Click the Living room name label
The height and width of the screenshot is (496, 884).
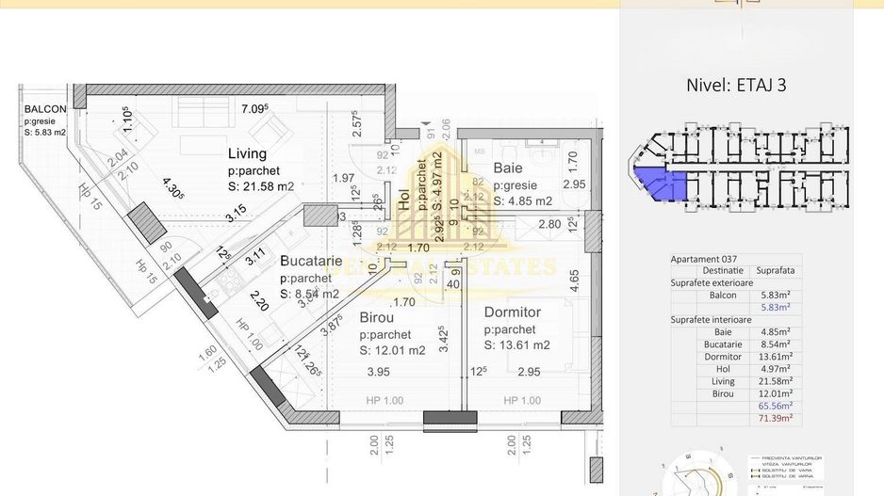tap(248, 153)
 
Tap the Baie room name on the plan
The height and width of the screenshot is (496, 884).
tap(508, 168)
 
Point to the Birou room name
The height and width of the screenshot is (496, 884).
tap(377, 318)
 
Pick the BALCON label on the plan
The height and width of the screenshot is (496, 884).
tap(45, 109)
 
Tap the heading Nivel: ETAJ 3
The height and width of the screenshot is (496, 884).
tap(737, 84)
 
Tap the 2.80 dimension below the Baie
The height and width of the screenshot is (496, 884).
tap(549, 224)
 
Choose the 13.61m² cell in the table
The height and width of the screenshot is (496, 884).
tap(776, 357)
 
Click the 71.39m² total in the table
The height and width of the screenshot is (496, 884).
tap(776, 418)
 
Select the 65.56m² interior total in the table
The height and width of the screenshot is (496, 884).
tap(776, 406)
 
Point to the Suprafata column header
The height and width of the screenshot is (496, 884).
tap(775, 270)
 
